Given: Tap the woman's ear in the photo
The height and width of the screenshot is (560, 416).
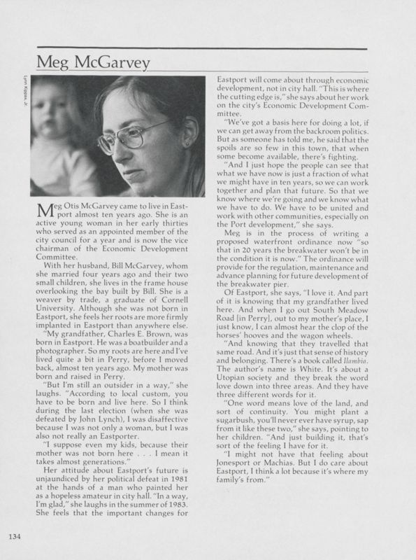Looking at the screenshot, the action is [187, 142].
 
